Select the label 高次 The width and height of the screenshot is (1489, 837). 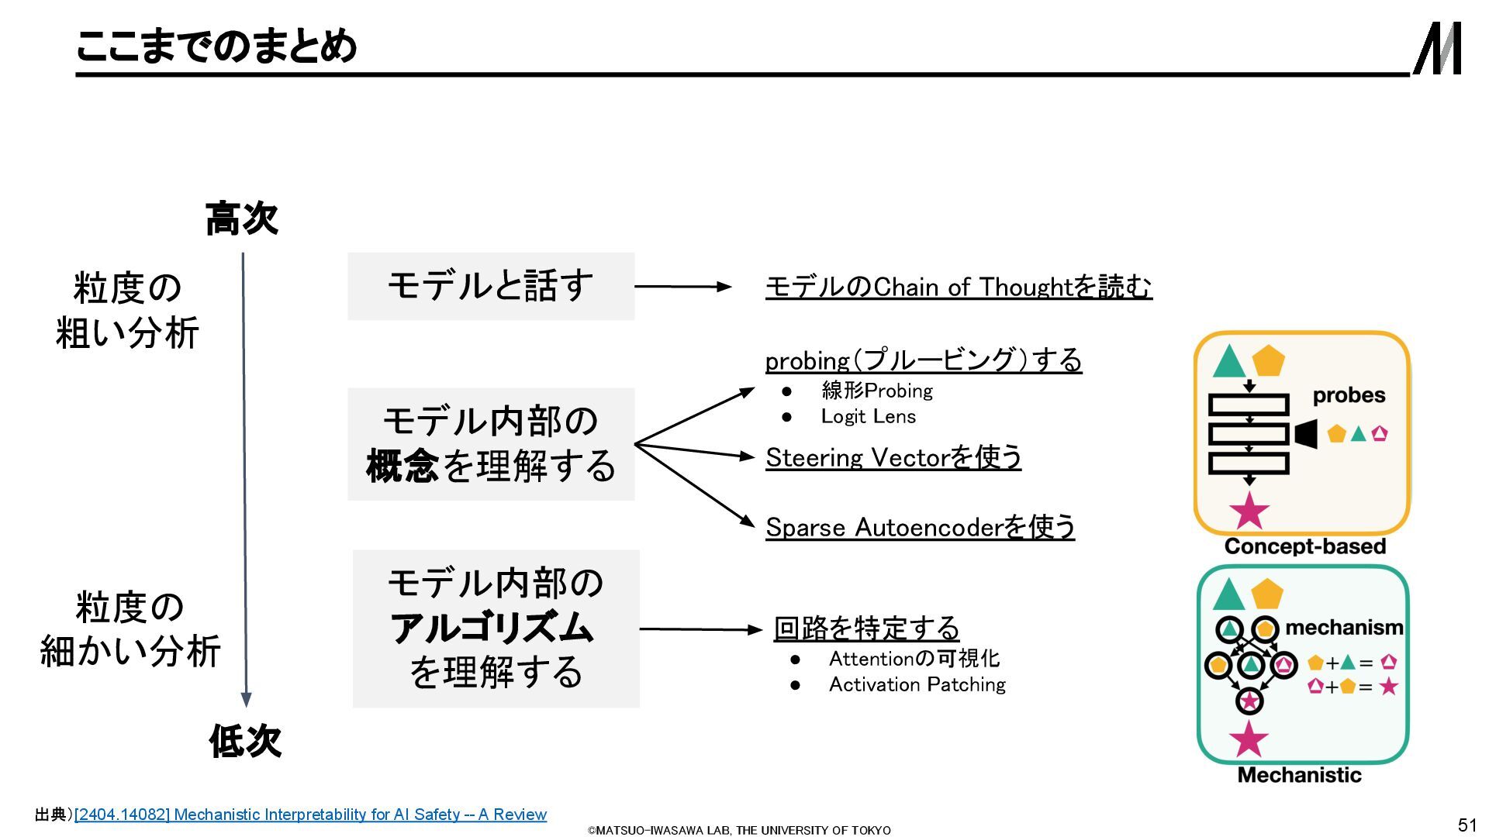(241, 219)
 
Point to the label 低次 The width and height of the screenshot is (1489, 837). (245, 741)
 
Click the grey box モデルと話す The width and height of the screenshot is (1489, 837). (490, 286)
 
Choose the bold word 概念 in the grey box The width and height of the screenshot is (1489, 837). (402, 466)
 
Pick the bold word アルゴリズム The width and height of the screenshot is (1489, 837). (492, 628)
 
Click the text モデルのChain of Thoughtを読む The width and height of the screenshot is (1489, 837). (958, 288)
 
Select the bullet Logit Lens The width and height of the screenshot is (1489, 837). (868, 417)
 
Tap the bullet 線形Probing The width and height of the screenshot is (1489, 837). (876, 391)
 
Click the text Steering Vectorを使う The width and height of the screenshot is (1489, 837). (893, 458)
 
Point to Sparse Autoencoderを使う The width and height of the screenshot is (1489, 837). (920, 528)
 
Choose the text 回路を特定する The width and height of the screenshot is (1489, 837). (866, 629)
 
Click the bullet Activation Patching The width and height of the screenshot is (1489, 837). (917, 685)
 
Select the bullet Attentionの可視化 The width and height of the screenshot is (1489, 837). (914, 659)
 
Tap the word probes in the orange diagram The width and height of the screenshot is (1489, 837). (1349, 395)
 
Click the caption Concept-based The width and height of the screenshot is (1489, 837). (1304, 546)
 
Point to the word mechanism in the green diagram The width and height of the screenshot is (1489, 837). (1344, 628)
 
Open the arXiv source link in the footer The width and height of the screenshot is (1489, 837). (310, 815)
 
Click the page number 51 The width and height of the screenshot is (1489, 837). (1467, 825)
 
